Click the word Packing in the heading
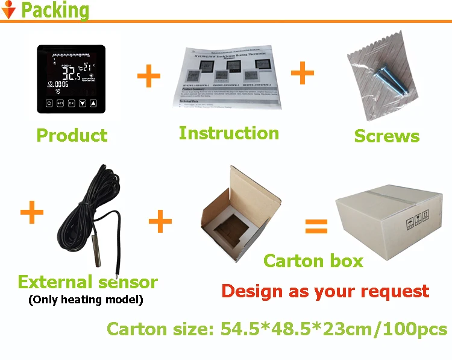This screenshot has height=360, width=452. click(55, 11)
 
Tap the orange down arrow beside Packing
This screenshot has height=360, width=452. click(9, 10)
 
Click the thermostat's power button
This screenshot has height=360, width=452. click(49, 103)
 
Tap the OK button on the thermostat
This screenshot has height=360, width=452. click(71, 103)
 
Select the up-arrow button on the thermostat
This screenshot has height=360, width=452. click(93, 103)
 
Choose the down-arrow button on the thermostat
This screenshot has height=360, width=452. click(82, 103)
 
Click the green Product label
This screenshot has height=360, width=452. click(72, 135)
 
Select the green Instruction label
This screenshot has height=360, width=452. click(228, 133)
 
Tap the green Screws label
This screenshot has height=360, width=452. click(386, 136)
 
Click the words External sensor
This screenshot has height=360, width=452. click(87, 282)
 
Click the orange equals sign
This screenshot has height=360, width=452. click(316, 226)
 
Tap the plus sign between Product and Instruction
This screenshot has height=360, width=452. click(149, 77)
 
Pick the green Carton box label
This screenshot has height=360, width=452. click(313, 261)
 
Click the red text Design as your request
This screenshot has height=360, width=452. click(325, 291)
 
